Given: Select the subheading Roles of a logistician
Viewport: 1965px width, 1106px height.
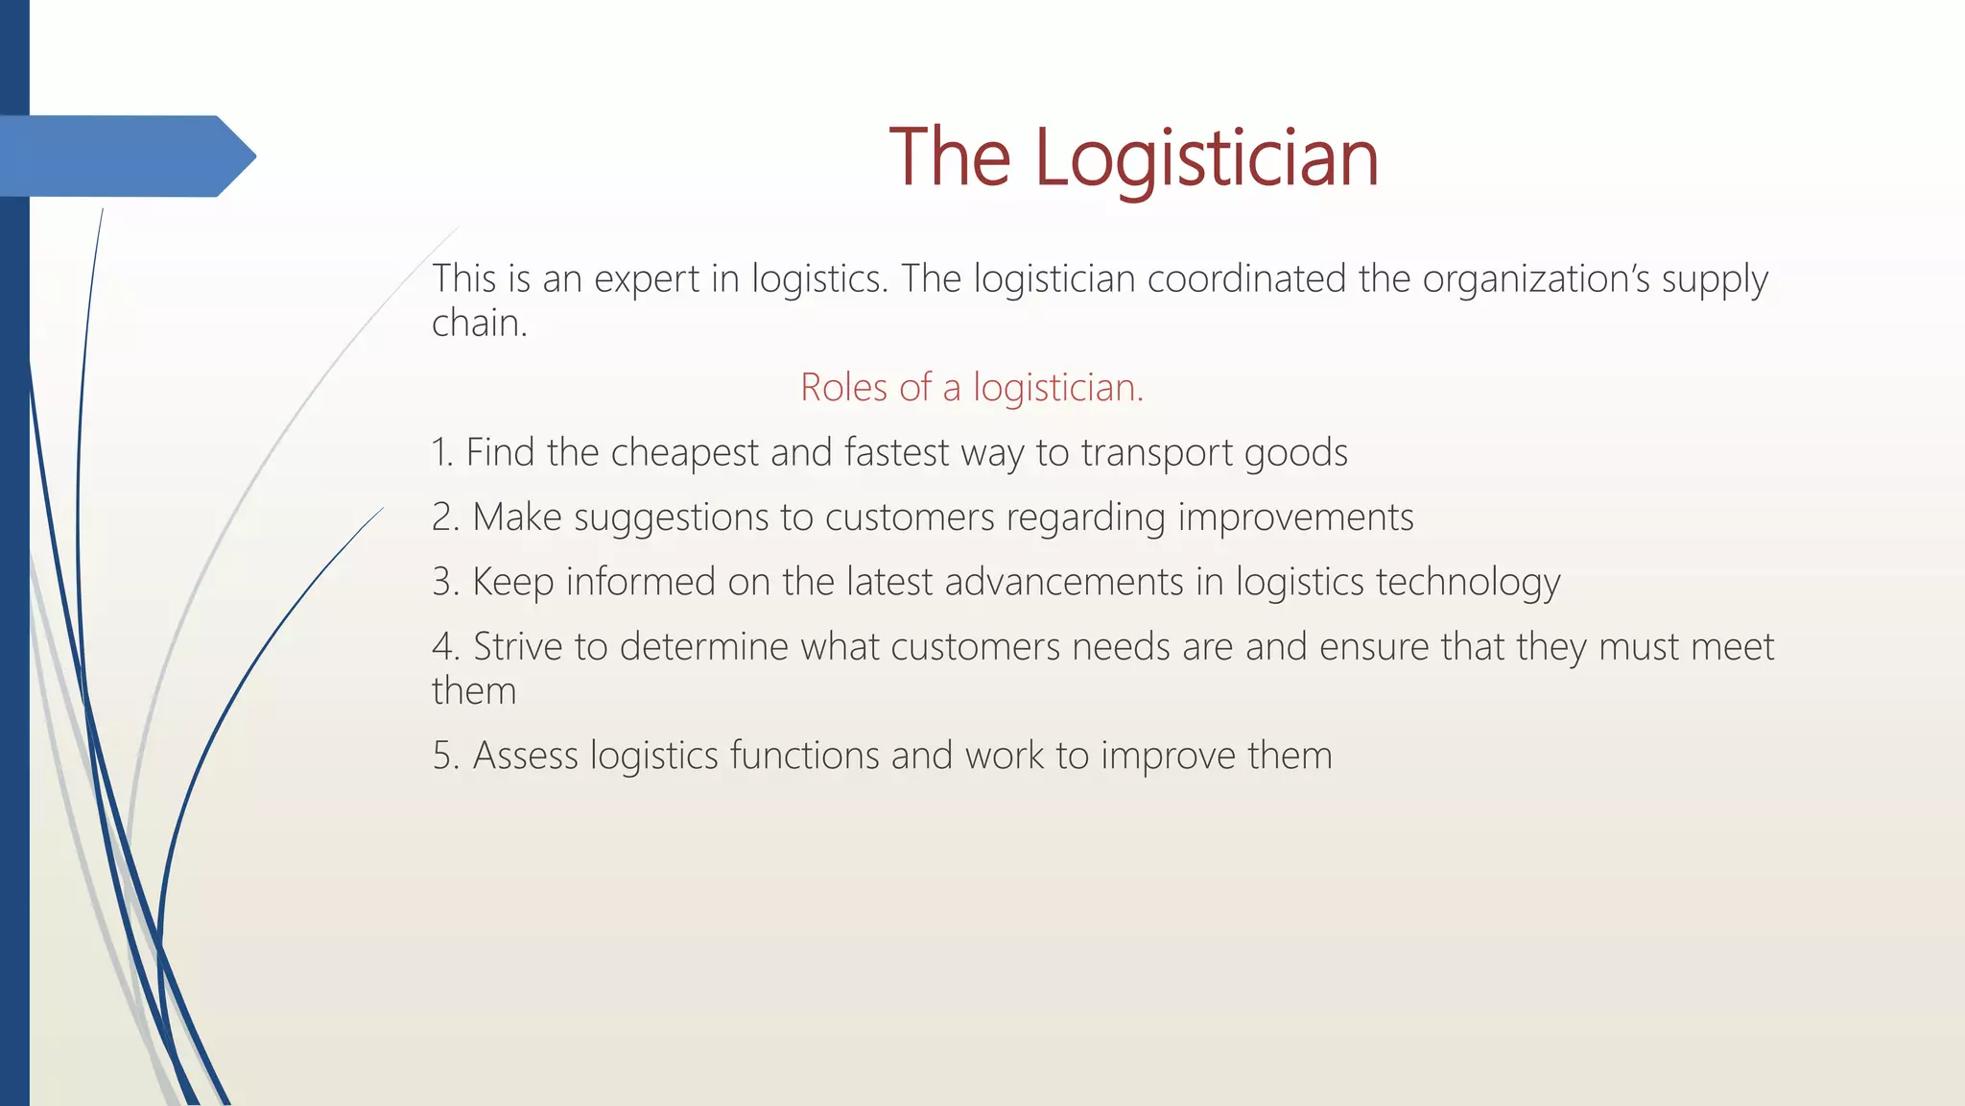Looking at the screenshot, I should pos(972,388).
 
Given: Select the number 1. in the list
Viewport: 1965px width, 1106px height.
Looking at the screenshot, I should pos(442,452).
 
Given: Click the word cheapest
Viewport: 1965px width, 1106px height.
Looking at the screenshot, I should pos(684,452).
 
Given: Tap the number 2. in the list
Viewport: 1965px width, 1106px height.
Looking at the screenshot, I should pos(446,517).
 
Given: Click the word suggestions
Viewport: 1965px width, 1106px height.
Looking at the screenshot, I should pos(672,517).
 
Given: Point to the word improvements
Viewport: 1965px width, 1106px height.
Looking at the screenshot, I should pos(1295,517).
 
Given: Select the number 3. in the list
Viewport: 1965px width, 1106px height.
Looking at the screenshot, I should pos(446,582).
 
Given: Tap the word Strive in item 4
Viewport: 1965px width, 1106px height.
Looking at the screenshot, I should pos(518,647).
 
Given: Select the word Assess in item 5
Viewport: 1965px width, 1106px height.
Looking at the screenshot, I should pos(526,756).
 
